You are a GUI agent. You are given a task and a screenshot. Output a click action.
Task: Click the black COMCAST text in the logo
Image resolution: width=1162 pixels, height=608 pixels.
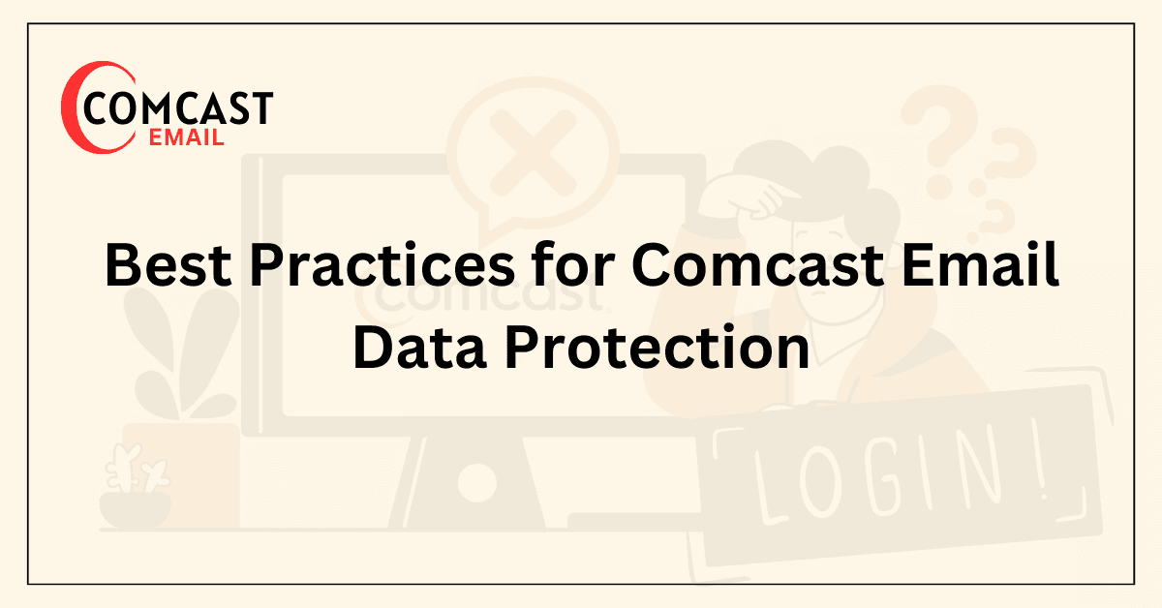pos(178,108)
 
